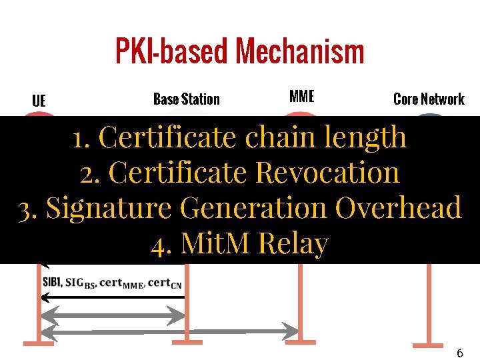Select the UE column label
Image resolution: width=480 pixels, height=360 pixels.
pos(39,101)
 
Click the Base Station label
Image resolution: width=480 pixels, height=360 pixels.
pos(186,99)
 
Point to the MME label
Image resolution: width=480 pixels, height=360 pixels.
pos(301,96)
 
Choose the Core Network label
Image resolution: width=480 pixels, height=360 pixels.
pos(429,99)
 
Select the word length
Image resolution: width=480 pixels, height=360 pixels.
pos(366,137)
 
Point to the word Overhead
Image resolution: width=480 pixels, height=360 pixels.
pos(398,208)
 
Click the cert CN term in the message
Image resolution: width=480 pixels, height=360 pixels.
pos(165,283)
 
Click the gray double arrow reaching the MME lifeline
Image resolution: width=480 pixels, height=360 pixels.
pos(171,329)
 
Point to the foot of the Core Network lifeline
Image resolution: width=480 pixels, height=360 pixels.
pos(427,344)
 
